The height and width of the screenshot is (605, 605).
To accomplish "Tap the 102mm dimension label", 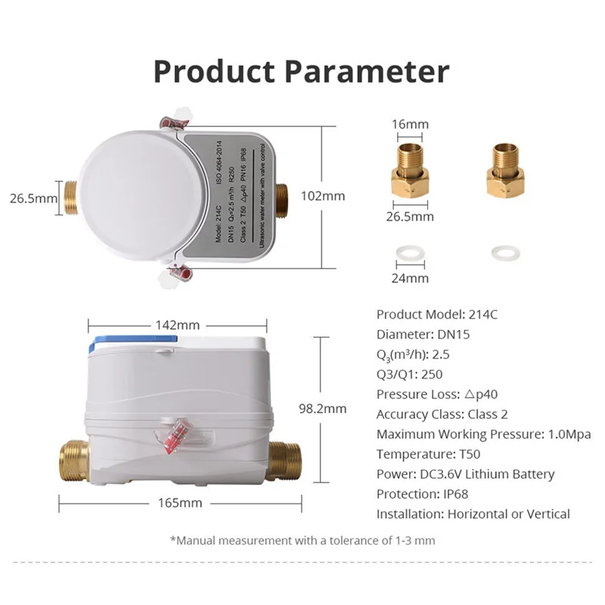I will pyautogui.click(x=323, y=195).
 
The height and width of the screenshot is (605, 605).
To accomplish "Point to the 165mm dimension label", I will pyautogui.click(x=179, y=502).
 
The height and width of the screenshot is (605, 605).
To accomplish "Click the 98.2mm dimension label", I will pyautogui.click(x=323, y=408).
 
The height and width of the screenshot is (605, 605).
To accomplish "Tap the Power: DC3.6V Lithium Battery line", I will pyautogui.click(x=465, y=474).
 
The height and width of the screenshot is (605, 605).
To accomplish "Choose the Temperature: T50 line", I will pyautogui.click(x=428, y=455).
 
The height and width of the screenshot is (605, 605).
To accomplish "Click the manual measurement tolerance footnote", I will pyautogui.click(x=302, y=540).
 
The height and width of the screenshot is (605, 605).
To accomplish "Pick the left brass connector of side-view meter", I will pyautogui.click(x=74, y=459).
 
